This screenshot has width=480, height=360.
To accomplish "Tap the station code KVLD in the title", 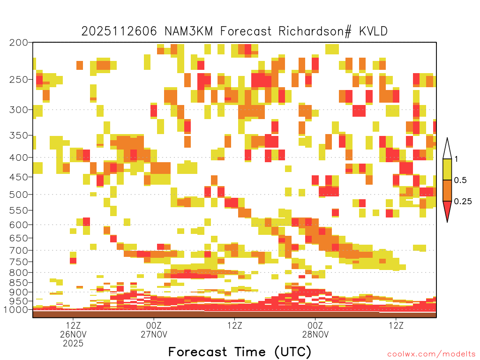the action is click(373, 31).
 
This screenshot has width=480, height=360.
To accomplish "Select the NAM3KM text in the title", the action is click(188, 31).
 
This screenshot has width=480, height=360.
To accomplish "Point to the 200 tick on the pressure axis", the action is click(19, 43).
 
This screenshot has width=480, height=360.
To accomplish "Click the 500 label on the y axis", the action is click(19, 195).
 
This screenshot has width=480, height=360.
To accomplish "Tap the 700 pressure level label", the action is click(19, 250).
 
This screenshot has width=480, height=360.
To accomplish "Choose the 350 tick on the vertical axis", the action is click(19, 135).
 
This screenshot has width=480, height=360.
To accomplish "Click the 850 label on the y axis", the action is click(19, 283).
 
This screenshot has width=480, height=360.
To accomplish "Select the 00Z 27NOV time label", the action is click(154, 330).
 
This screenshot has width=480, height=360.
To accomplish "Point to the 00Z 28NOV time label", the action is click(315, 330).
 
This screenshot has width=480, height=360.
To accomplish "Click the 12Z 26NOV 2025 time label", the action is click(73, 334).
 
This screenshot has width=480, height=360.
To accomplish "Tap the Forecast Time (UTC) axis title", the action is click(240, 352).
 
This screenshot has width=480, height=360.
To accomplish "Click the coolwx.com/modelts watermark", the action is click(431, 354).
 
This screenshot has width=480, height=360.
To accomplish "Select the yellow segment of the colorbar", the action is click(447, 169).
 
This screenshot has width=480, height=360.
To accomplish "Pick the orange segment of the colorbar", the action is click(447, 190).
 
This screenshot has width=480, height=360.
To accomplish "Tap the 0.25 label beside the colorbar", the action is click(463, 201).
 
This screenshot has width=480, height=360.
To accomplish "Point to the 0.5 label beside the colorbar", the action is click(460, 180).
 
